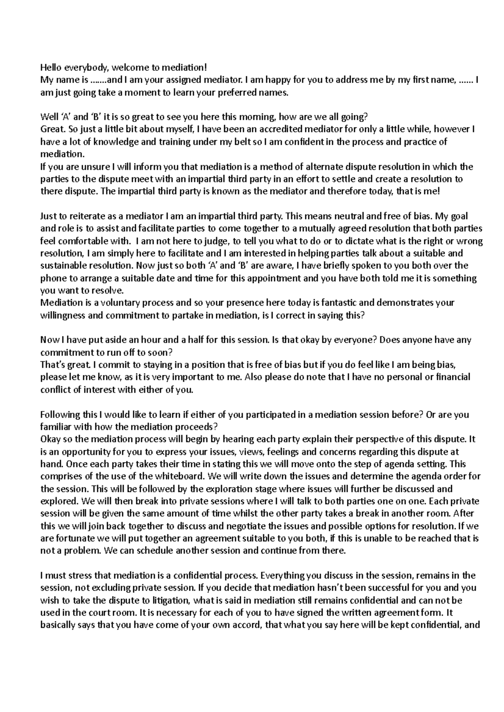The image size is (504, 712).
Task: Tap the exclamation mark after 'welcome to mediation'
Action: (206, 67)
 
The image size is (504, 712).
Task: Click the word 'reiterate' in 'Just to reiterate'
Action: (87, 216)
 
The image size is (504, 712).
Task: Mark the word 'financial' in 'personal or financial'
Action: (452, 377)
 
